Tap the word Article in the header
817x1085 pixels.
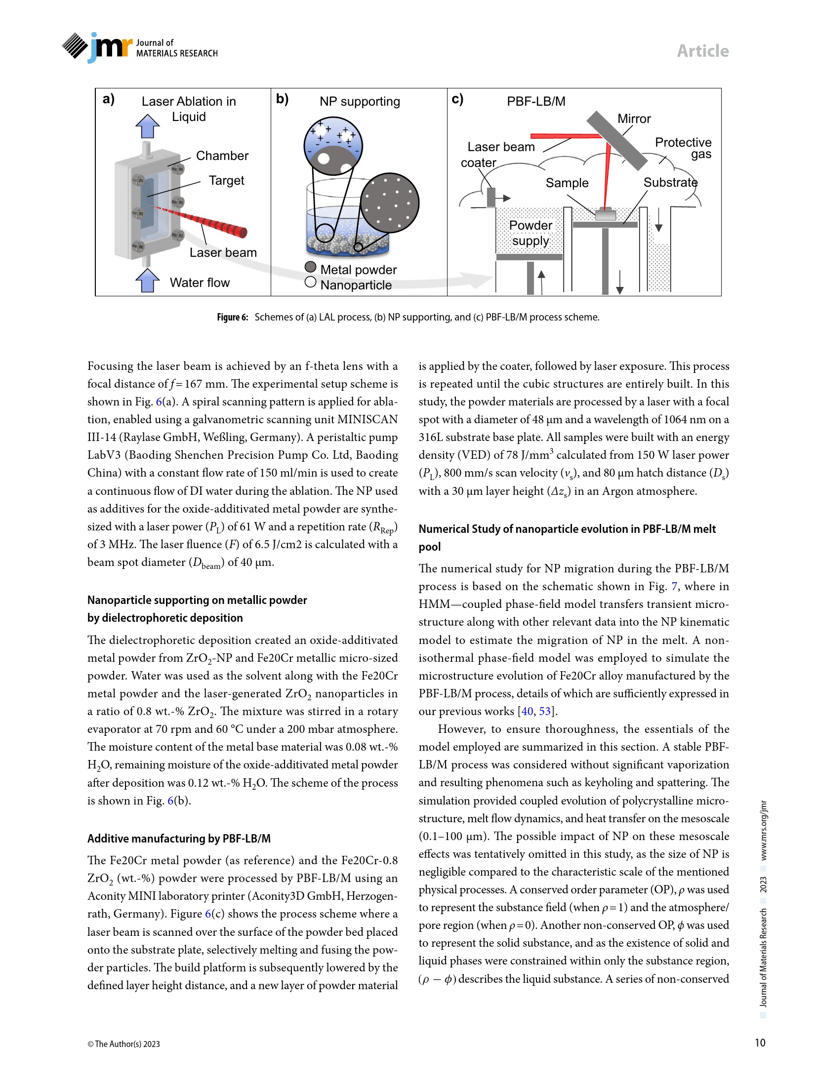click(702, 51)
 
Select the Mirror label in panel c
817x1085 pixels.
click(634, 119)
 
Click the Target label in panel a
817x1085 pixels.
click(226, 180)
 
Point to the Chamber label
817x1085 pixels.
click(222, 156)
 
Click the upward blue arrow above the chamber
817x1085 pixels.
click(147, 126)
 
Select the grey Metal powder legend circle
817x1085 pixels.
click(311, 267)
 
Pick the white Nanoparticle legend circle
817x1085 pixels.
click(311, 282)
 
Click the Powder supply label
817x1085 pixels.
click(531, 233)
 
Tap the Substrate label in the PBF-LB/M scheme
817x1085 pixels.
click(670, 183)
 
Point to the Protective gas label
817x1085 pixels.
click(684, 148)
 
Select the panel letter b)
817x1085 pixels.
click(282, 99)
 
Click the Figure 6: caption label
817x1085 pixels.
click(232, 317)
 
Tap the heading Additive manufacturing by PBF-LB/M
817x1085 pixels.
click(179, 839)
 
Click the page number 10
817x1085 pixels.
click(760, 1043)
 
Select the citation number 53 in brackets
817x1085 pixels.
click(544, 711)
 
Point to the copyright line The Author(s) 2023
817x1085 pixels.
click(123, 1044)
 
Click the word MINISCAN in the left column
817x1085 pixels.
click(368, 419)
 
